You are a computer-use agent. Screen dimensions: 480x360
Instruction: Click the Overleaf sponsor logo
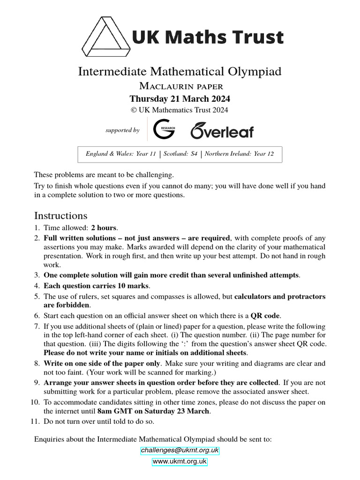click(221, 130)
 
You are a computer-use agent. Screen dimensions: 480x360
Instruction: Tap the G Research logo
click(165, 130)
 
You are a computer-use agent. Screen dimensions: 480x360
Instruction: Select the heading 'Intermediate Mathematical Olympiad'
click(180, 71)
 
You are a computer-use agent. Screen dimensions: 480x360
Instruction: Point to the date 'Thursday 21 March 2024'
click(180, 99)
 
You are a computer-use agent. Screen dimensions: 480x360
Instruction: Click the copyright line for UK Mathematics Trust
click(180, 110)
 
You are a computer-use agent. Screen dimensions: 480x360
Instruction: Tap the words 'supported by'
click(122, 130)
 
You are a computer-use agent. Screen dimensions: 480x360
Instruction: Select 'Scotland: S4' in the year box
click(180, 154)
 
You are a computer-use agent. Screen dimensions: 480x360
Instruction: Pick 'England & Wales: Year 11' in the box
click(121, 154)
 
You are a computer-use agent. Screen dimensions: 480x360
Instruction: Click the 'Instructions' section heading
click(60, 216)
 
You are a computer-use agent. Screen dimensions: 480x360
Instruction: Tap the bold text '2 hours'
click(104, 228)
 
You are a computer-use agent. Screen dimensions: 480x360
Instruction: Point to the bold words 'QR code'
click(266, 315)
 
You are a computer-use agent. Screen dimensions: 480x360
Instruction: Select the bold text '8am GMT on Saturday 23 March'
click(154, 412)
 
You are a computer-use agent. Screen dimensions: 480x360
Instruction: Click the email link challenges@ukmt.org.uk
click(180, 450)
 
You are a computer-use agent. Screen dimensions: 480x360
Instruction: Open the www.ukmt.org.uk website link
click(180, 462)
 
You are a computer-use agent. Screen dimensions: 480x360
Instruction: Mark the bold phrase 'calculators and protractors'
click(280, 296)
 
